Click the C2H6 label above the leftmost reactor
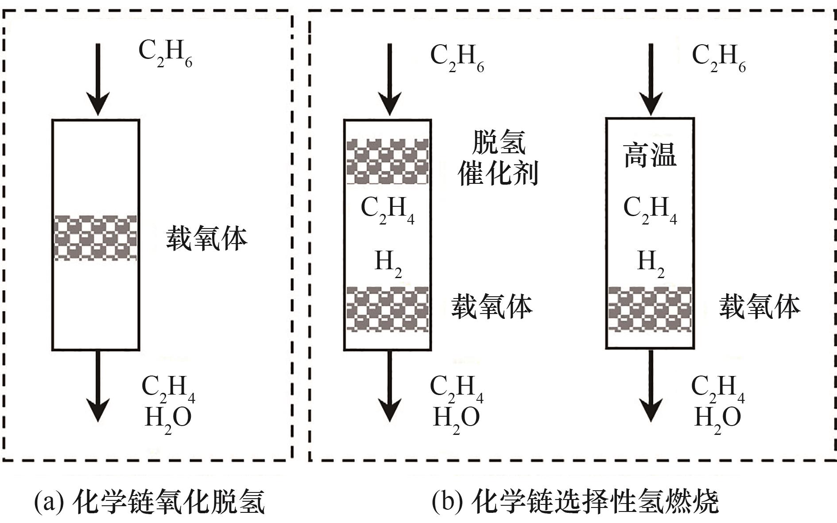165,53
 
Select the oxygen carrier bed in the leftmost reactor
95,238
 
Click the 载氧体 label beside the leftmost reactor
206,239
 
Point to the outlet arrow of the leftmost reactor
97,385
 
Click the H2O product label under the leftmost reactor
168,417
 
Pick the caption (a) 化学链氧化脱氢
150,502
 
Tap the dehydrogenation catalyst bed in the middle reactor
387,161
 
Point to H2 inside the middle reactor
388,262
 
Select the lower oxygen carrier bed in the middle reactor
387,309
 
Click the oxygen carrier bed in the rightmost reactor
650,309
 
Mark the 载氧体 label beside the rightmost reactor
759,307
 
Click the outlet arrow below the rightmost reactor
651,385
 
